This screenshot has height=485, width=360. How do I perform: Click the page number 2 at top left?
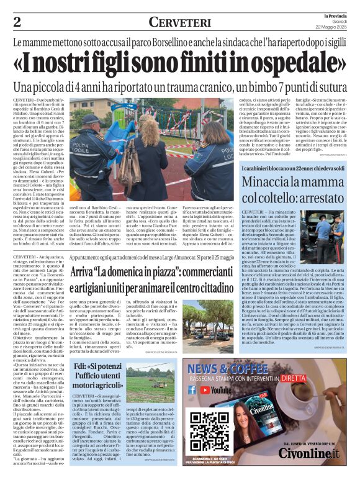tap(17, 22)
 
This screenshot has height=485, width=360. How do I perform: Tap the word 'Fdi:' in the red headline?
tap(83, 366)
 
